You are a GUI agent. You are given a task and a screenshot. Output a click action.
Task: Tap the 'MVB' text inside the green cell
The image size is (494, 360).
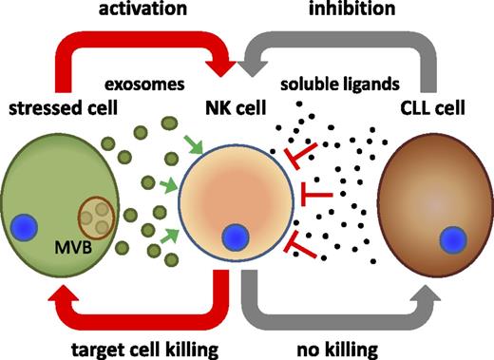coord(66,251)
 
